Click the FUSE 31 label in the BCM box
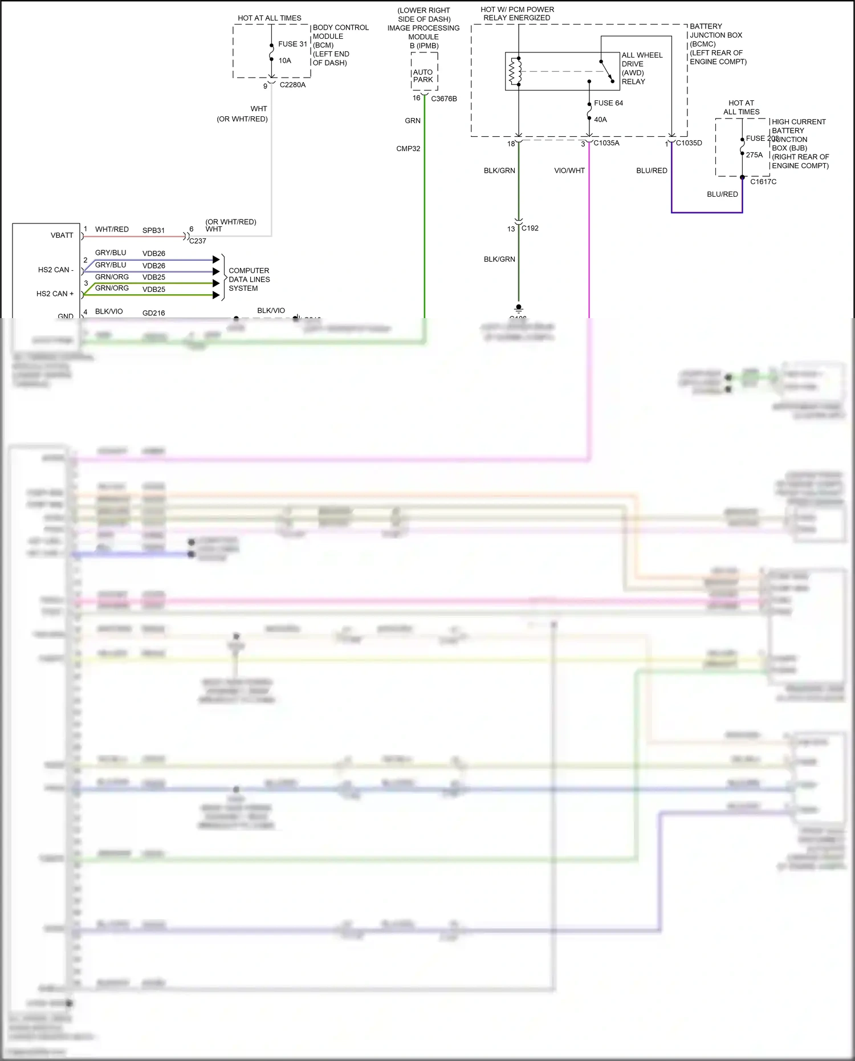pos(292,44)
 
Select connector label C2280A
pos(292,85)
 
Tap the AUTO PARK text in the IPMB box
pos(423,76)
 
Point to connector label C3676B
pos(444,99)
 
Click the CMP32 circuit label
pos(408,149)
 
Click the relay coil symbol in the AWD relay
pos(515,71)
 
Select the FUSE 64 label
pos(608,103)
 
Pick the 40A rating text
pos(600,120)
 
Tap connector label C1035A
pos(606,143)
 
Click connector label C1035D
pos(689,143)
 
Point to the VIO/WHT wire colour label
pos(569,170)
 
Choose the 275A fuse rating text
pos(754,155)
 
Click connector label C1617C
pos(763,182)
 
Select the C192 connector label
pos(530,228)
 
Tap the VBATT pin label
pos(62,235)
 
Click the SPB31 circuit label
pos(153,230)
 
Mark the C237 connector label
pos(198,241)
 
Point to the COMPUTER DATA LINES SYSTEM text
pos(249,279)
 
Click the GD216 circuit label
pos(153,313)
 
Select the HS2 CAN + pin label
pos(55,294)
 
